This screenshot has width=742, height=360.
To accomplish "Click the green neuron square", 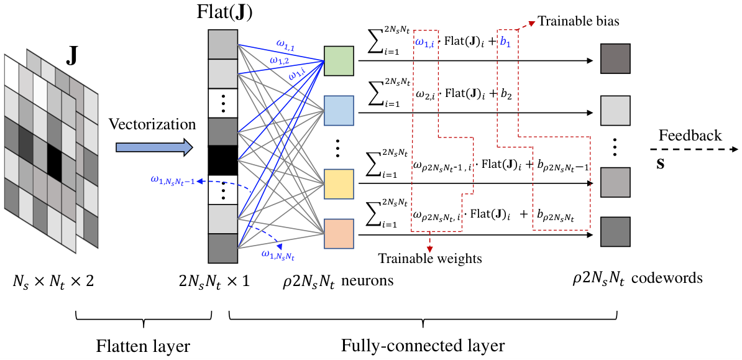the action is coord(339,61).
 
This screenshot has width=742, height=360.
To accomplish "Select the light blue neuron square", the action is coord(339,111).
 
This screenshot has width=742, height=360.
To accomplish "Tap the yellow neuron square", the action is coord(339,184).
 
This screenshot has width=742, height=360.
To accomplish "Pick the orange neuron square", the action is coord(339,234).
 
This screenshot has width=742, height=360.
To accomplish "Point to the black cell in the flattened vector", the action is coord(223,160).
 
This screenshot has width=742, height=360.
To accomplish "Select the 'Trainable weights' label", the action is coord(429,259).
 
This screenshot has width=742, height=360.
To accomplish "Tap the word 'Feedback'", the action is coord(690,136).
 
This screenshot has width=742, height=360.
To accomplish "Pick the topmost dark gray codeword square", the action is coord(615,58).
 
